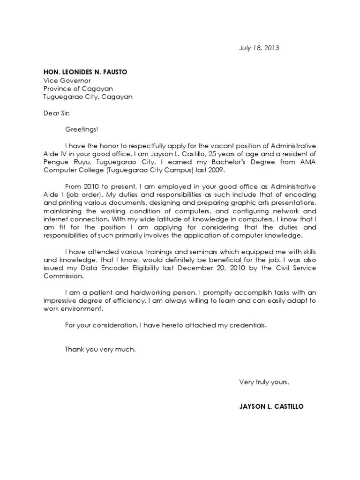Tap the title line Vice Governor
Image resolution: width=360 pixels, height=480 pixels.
point(67,80)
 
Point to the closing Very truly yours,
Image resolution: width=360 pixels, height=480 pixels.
point(264,382)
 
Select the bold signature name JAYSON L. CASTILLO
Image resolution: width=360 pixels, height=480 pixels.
point(271,406)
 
